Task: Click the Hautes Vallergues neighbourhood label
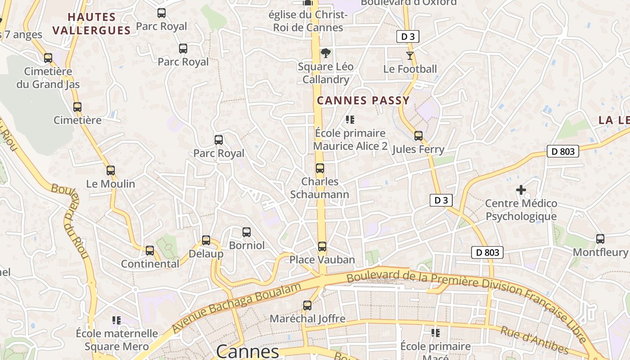pyautogui.click(x=92, y=24)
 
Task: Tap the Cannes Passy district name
pyautogui.click(x=363, y=100)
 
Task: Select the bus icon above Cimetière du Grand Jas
pyautogui.click(x=48, y=58)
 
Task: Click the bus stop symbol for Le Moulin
pyautogui.click(x=111, y=171)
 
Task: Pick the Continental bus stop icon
pyautogui.click(x=150, y=251)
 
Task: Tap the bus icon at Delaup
pyautogui.click(x=206, y=240)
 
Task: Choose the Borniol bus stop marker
pyautogui.click(x=247, y=232)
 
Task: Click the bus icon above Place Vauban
pyautogui.click(x=322, y=247)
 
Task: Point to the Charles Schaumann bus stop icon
pyautogui.click(x=320, y=168)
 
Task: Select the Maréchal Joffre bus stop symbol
pyautogui.click(x=307, y=306)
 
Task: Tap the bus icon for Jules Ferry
pyautogui.click(x=418, y=136)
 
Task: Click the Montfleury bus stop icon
pyautogui.click(x=600, y=239)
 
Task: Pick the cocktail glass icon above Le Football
pyautogui.click(x=409, y=56)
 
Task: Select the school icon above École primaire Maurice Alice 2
pyautogui.click(x=350, y=120)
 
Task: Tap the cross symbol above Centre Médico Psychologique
pyautogui.click(x=521, y=190)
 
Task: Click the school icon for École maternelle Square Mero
pyautogui.click(x=117, y=320)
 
